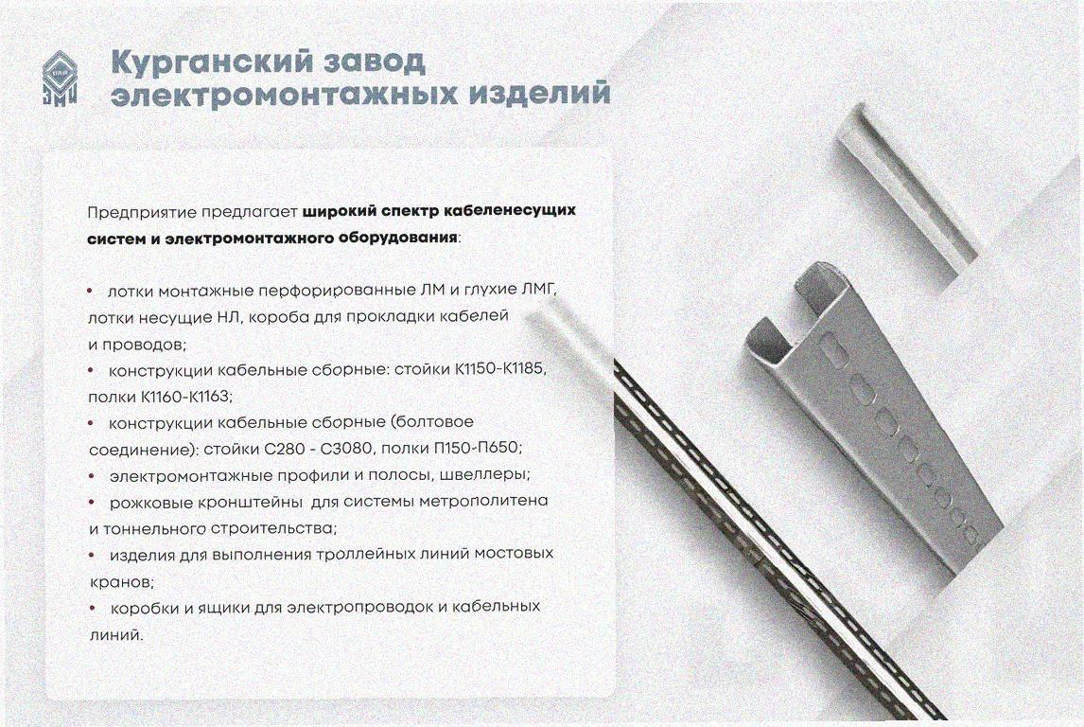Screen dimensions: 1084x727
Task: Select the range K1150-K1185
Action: click(x=500, y=369)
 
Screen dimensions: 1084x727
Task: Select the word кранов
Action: click(x=122, y=582)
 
